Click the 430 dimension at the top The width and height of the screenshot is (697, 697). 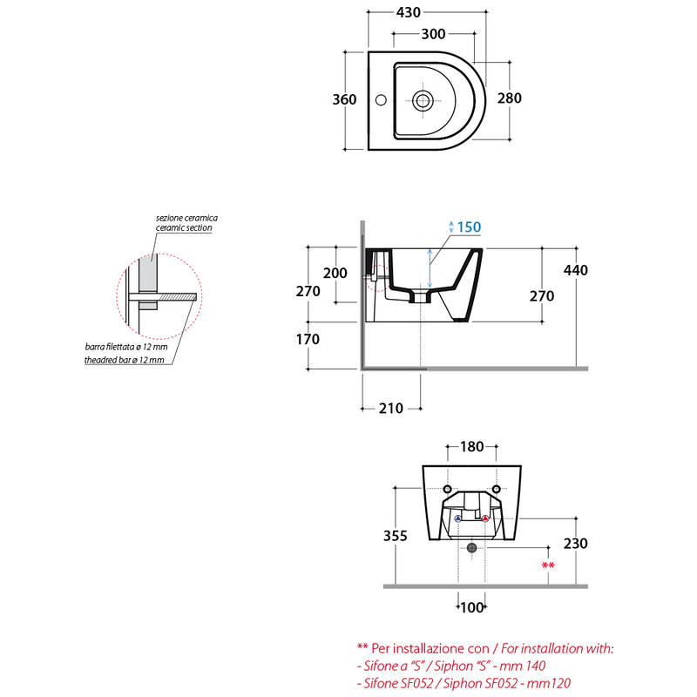click(x=408, y=12)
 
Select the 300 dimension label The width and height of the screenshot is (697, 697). click(x=433, y=34)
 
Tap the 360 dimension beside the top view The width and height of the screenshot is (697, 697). click(x=344, y=99)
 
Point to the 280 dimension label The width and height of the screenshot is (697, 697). click(x=510, y=98)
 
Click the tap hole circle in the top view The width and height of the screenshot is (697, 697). click(x=381, y=100)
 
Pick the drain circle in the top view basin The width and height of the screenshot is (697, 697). click(x=423, y=101)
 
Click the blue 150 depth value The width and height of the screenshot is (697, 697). click(x=469, y=227)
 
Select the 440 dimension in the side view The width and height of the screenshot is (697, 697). click(x=575, y=270)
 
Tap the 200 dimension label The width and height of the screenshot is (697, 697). click(x=335, y=273)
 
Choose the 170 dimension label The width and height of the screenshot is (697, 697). click(x=308, y=339)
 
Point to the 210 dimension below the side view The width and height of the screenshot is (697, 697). click(x=390, y=408)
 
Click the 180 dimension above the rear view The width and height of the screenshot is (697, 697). click(x=471, y=446)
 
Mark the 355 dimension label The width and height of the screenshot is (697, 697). click(x=396, y=536)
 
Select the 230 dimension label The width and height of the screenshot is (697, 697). click(x=575, y=543)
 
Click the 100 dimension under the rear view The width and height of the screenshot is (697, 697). click(x=471, y=607)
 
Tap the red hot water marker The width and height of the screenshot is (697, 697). click(x=485, y=518)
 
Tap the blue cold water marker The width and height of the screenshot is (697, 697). click(x=458, y=518)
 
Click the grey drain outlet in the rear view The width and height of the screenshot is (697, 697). click(x=471, y=547)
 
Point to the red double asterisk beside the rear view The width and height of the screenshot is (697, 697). click(x=548, y=565)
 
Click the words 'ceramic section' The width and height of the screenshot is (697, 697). click(x=184, y=227)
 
